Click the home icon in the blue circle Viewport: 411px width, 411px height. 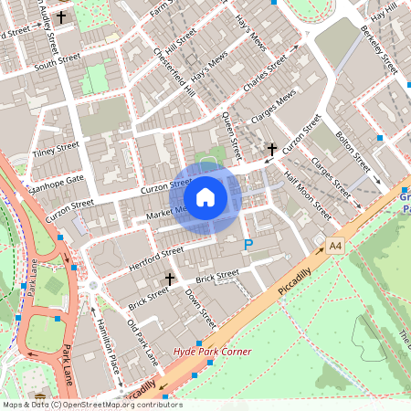pyautogui.click(x=205, y=196)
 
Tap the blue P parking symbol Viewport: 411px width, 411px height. pyautogui.click(x=248, y=244)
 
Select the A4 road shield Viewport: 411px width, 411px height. pyautogui.click(x=335, y=245)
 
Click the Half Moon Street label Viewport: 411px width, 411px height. pyautogui.click(x=308, y=195)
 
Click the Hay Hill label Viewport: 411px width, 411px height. pyautogui.click(x=384, y=11)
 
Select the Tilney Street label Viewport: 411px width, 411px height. pyautogui.click(x=57, y=148)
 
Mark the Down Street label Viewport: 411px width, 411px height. pyautogui.click(x=200, y=308)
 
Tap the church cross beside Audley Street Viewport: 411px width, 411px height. pyautogui.click(x=61, y=17)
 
